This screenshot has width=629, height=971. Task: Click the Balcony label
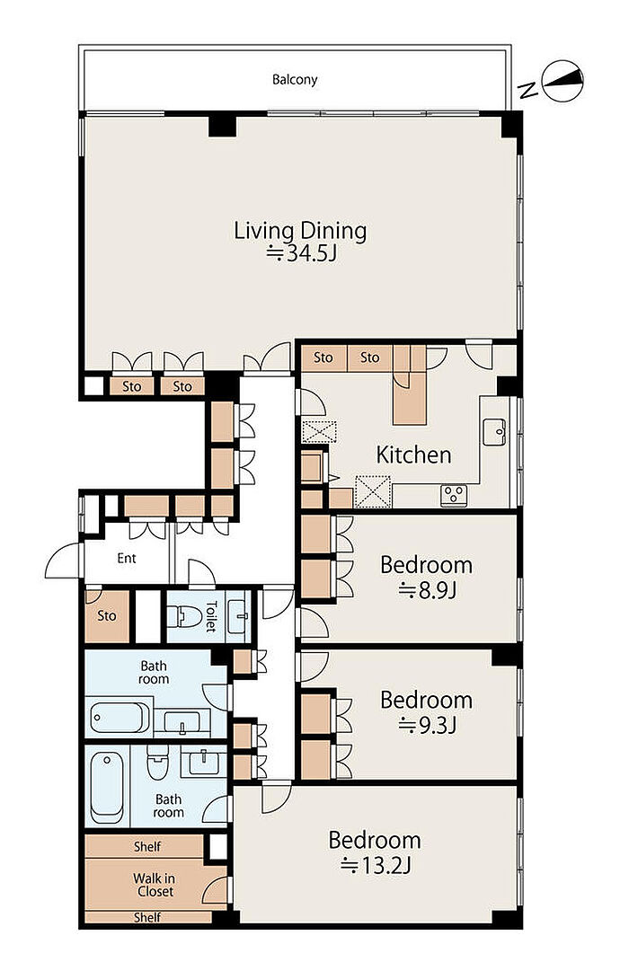point(295,80)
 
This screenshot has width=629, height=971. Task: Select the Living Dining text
point(300,231)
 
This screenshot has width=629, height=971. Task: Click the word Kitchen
point(414,455)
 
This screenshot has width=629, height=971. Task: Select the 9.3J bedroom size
point(427,725)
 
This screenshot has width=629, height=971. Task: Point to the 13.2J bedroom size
point(376,864)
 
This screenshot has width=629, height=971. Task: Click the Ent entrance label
point(127,559)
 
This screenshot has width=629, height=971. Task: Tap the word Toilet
point(211,616)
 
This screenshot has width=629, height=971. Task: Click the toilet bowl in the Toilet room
point(185,616)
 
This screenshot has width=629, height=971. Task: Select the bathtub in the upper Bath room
point(120,717)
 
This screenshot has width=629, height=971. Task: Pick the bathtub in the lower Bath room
point(106,787)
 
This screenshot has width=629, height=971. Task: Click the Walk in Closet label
point(154,885)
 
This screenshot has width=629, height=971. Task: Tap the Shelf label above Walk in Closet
point(147,846)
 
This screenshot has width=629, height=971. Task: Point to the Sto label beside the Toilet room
point(107,616)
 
